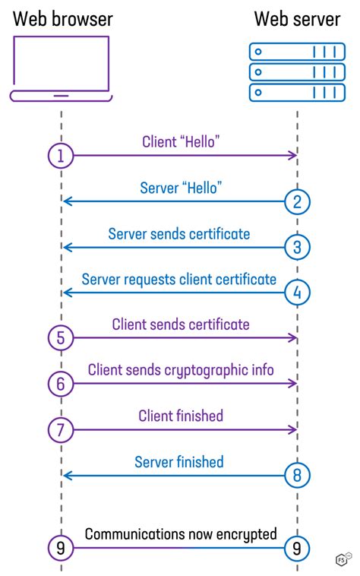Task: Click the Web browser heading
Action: pyautogui.click(x=62, y=18)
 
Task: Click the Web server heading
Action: pyautogui.click(x=297, y=18)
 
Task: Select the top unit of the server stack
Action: pyautogui.click(x=297, y=52)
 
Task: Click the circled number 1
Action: pyautogui.click(x=61, y=156)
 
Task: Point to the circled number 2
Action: pyautogui.click(x=298, y=201)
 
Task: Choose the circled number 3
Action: pyautogui.click(x=298, y=247)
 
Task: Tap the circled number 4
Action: pyautogui.click(x=298, y=293)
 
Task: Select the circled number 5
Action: pyautogui.click(x=61, y=338)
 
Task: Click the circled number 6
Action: pyautogui.click(x=61, y=385)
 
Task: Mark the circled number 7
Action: pyautogui.click(x=61, y=430)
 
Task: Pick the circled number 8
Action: pyautogui.click(x=298, y=476)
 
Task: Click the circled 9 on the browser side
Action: pyautogui.click(x=61, y=547)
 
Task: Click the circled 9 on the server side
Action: pyautogui.click(x=298, y=547)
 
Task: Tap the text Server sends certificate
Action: pyautogui.click(x=179, y=234)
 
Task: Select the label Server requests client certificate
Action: pyautogui.click(x=179, y=280)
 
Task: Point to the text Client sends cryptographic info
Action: pyautogui.click(x=181, y=371)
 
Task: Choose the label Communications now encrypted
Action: pyautogui.click(x=181, y=534)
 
